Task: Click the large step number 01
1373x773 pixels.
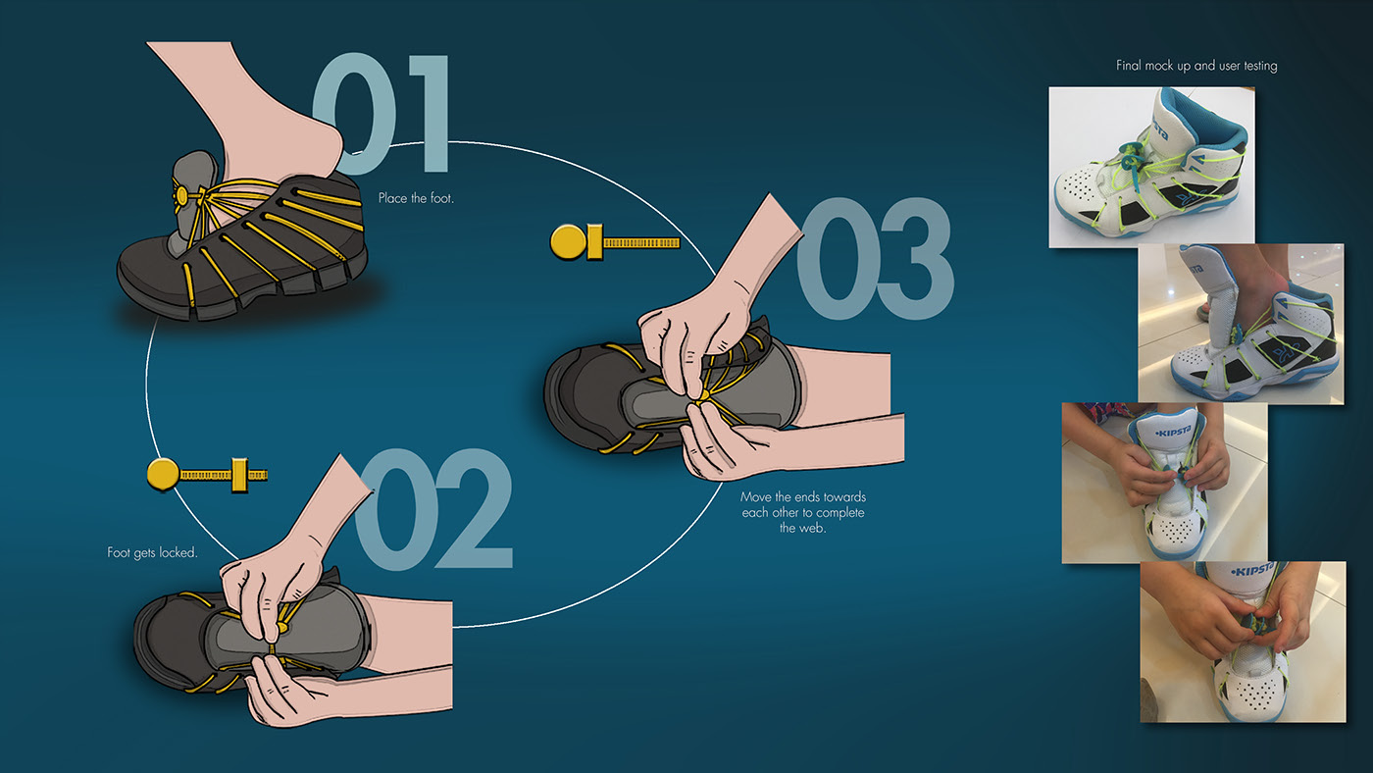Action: (x=381, y=114)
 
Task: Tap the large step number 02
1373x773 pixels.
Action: (x=432, y=510)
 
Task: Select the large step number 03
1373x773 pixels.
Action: (x=875, y=258)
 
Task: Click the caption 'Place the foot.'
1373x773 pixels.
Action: (x=416, y=198)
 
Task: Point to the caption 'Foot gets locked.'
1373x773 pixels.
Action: (x=152, y=552)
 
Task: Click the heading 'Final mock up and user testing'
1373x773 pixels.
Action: (x=1196, y=66)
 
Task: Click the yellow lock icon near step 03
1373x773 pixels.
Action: (x=615, y=242)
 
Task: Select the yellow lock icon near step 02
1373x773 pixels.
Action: (x=207, y=475)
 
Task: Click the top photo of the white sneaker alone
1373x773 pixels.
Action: (x=1151, y=167)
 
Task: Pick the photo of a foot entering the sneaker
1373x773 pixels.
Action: (x=1242, y=324)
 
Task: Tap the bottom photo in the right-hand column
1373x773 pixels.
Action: (x=1244, y=642)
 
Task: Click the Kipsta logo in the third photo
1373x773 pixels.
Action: (x=1173, y=433)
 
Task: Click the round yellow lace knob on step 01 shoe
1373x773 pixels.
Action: (x=182, y=196)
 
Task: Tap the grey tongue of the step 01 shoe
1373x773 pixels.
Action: (x=191, y=196)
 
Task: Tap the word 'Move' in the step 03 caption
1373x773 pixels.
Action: (x=754, y=496)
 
